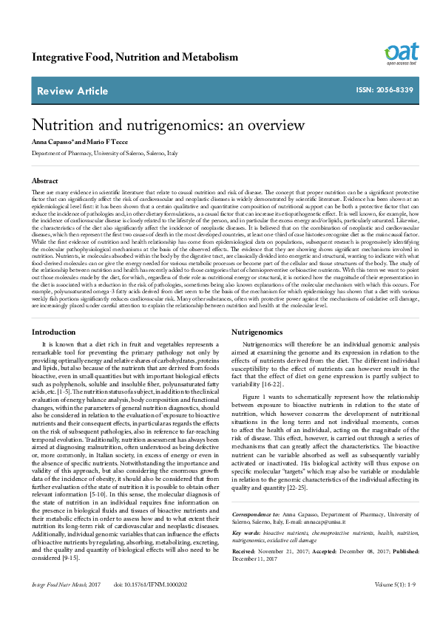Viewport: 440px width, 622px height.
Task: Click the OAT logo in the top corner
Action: tap(402, 53)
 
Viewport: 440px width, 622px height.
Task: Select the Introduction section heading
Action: tap(53, 332)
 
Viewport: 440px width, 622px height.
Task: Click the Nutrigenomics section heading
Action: tap(257, 332)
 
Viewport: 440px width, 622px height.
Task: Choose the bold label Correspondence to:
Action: tap(256, 513)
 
